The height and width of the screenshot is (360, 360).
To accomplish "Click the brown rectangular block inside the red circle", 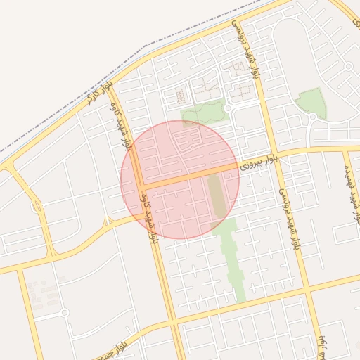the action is (218, 195).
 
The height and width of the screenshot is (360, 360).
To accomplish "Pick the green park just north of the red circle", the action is (202, 113).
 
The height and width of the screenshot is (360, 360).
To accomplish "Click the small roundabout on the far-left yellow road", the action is (36, 207).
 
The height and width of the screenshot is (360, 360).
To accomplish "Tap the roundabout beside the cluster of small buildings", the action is (64, 312).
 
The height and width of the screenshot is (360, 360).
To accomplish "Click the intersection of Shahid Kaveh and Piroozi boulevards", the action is (140, 187).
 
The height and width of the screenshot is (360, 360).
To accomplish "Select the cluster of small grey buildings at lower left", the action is (44, 294).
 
